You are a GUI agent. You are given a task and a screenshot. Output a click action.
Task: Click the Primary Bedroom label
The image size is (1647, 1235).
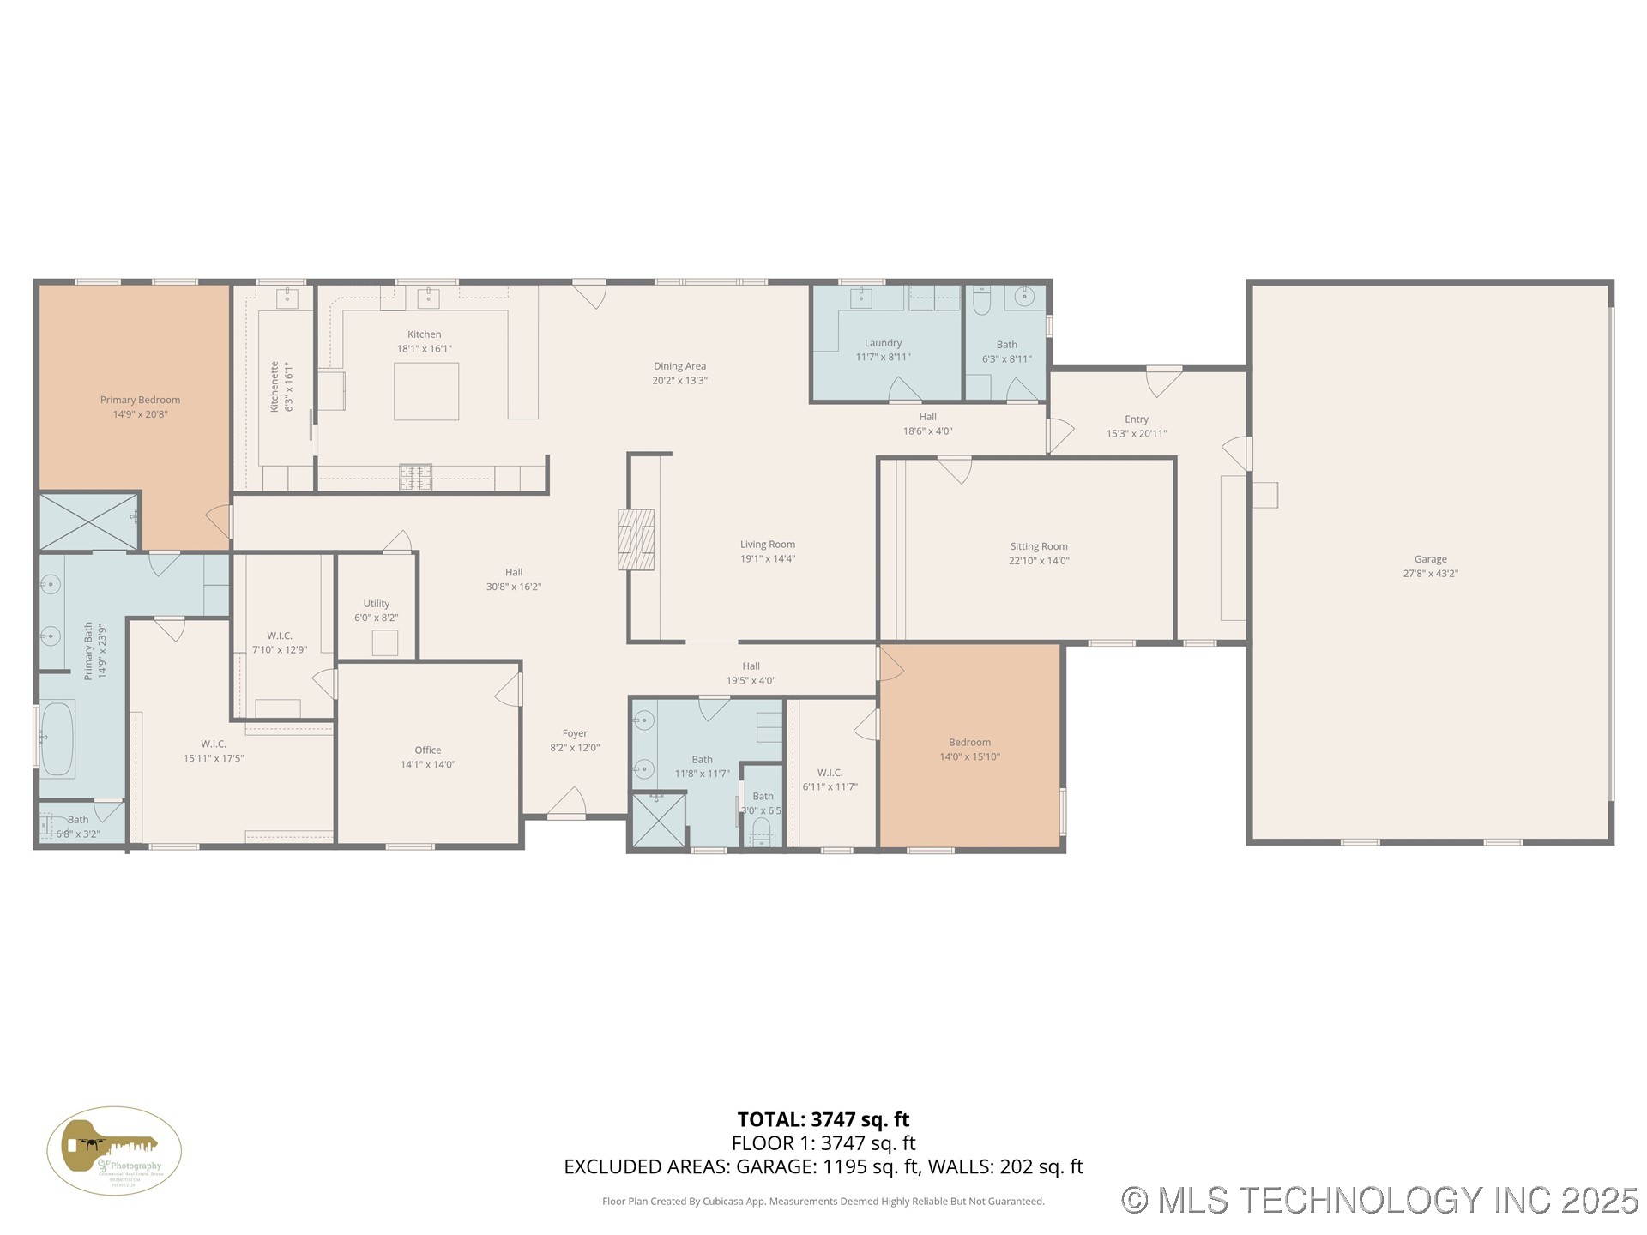pyautogui.click(x=140, y=400)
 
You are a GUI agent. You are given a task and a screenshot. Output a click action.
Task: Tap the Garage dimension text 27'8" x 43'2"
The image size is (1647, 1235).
pyautogui.click(x=1430, y=574)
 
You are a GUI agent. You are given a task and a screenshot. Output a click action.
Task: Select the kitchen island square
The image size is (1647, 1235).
pyautogui.click(x=426, y=391)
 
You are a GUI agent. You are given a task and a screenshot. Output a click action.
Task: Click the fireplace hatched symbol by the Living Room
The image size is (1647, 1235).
pyautogui.click(x=636, y=539)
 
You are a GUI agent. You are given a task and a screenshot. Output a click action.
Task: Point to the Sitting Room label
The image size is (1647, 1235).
pyautogui.click(x=1038, y=546)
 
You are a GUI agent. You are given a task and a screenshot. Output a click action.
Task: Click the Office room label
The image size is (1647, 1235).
pyautogui.click(x=427, y=750)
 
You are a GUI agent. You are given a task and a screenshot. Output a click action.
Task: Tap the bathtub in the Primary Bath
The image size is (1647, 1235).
pyautogui.click(x=57, y=738)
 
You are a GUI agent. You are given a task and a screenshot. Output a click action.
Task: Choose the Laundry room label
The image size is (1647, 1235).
pyautogui.click(x=883, y=343)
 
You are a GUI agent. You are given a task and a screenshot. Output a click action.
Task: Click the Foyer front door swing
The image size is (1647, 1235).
pyautogui.click(x=567, y=804)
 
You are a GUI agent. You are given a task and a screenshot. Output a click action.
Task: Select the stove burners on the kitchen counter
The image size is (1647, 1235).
pyautogui.click(x=415, y=476)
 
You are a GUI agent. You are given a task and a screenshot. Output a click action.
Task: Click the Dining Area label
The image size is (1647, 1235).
pyautogui.click(x=679, y=366)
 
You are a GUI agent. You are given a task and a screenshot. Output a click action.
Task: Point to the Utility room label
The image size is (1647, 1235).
pyautogui.click(x=376, y=604)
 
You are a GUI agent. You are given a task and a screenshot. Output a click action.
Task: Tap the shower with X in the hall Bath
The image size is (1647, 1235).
pyautogui.click(x=659, y=821)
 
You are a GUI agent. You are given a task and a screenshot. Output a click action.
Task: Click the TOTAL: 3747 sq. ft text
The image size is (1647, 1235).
pyautogui.click(x=823, y=1119)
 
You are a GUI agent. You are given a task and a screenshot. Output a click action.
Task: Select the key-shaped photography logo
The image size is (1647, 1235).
pyautogui.click(x=113, y=1150)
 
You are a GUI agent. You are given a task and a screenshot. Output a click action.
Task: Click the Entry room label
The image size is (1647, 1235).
pyautogui.click(x=1136, y=419)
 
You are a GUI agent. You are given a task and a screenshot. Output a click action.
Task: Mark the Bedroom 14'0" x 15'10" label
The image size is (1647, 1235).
pyautogui.click(x=969, y=743)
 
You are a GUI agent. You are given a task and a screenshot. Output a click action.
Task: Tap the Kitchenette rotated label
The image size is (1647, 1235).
pyautogui.click(x=275, y=386)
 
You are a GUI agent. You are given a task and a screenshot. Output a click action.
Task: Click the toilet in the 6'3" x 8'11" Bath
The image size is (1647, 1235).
pyautogui.click(x=982, y=300)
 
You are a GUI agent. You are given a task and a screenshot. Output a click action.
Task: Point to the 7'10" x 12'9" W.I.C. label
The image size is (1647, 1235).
pyautogui.click(x=280, y=636)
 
